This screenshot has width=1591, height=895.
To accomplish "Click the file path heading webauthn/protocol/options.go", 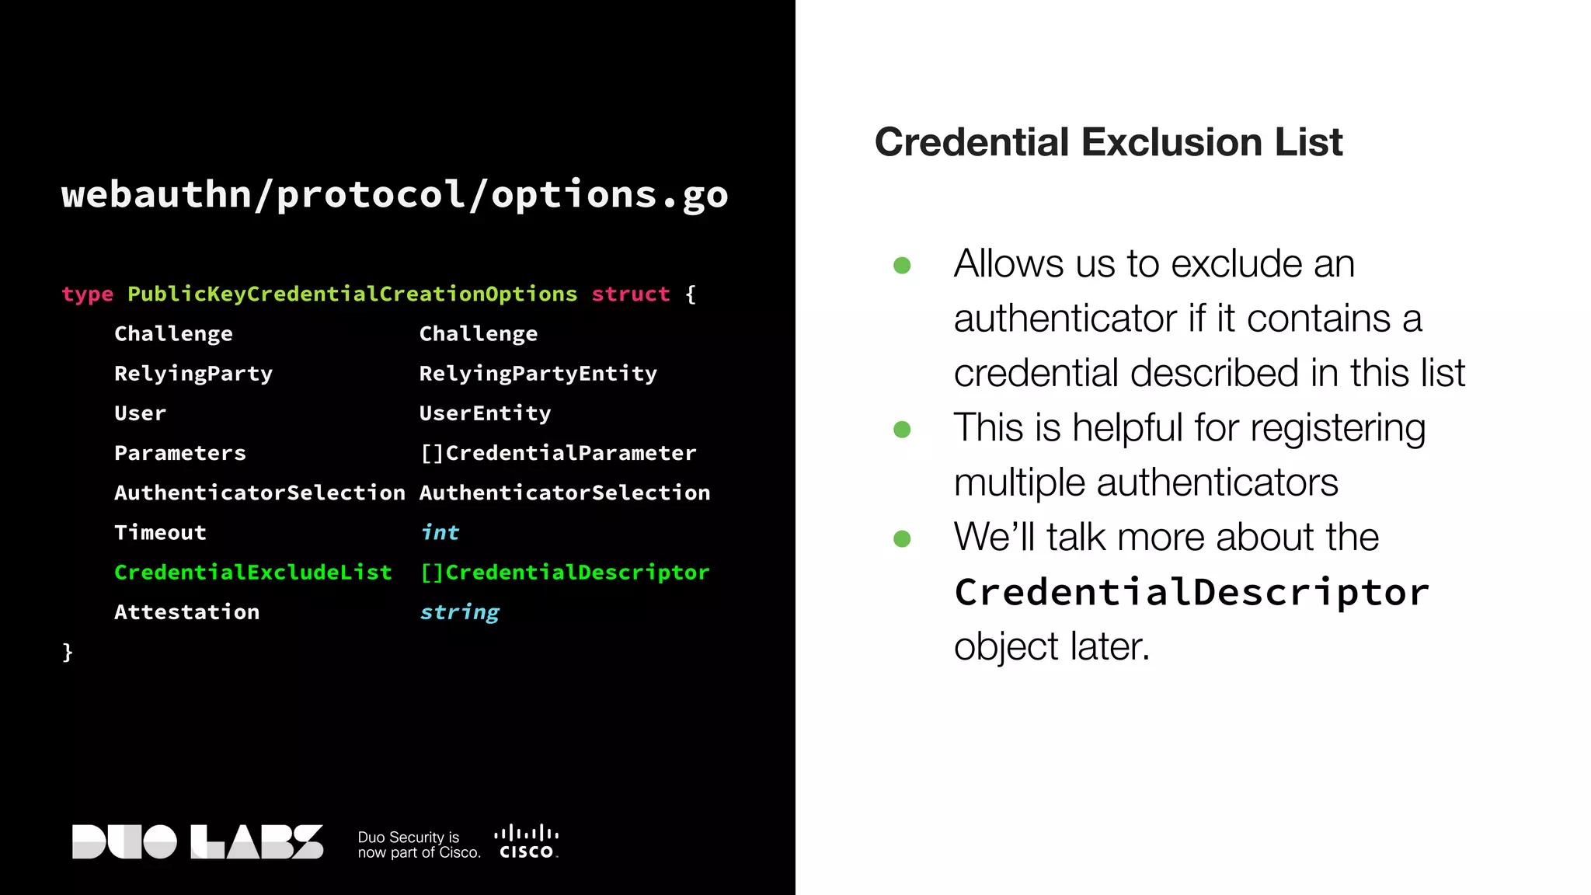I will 395,194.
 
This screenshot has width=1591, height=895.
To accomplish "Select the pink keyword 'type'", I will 87,294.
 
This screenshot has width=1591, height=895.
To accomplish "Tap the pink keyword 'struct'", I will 630,294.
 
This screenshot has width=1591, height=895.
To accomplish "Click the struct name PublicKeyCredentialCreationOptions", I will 352,294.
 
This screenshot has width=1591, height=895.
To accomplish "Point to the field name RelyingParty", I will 193,374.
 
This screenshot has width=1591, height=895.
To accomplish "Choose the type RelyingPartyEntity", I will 538,374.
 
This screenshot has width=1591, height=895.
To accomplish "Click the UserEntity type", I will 485,413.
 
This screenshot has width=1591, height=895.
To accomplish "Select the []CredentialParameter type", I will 558,453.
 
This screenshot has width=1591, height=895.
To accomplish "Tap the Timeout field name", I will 160,532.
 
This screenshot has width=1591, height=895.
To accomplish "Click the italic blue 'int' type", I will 440,532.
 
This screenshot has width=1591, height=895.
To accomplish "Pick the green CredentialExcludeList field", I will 252,573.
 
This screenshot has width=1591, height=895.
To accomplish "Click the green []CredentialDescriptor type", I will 564,573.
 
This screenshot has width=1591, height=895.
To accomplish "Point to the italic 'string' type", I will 459,612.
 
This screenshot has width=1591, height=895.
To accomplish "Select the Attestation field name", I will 186,612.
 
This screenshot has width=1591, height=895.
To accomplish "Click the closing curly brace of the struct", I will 68,651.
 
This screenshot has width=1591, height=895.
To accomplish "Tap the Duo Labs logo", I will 197,841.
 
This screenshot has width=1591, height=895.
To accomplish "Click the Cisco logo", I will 526,842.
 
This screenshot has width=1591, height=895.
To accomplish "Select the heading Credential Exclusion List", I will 1109,142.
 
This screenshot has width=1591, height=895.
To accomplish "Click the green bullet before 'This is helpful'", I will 902,430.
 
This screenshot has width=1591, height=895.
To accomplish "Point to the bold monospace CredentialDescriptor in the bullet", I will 1191,592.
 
